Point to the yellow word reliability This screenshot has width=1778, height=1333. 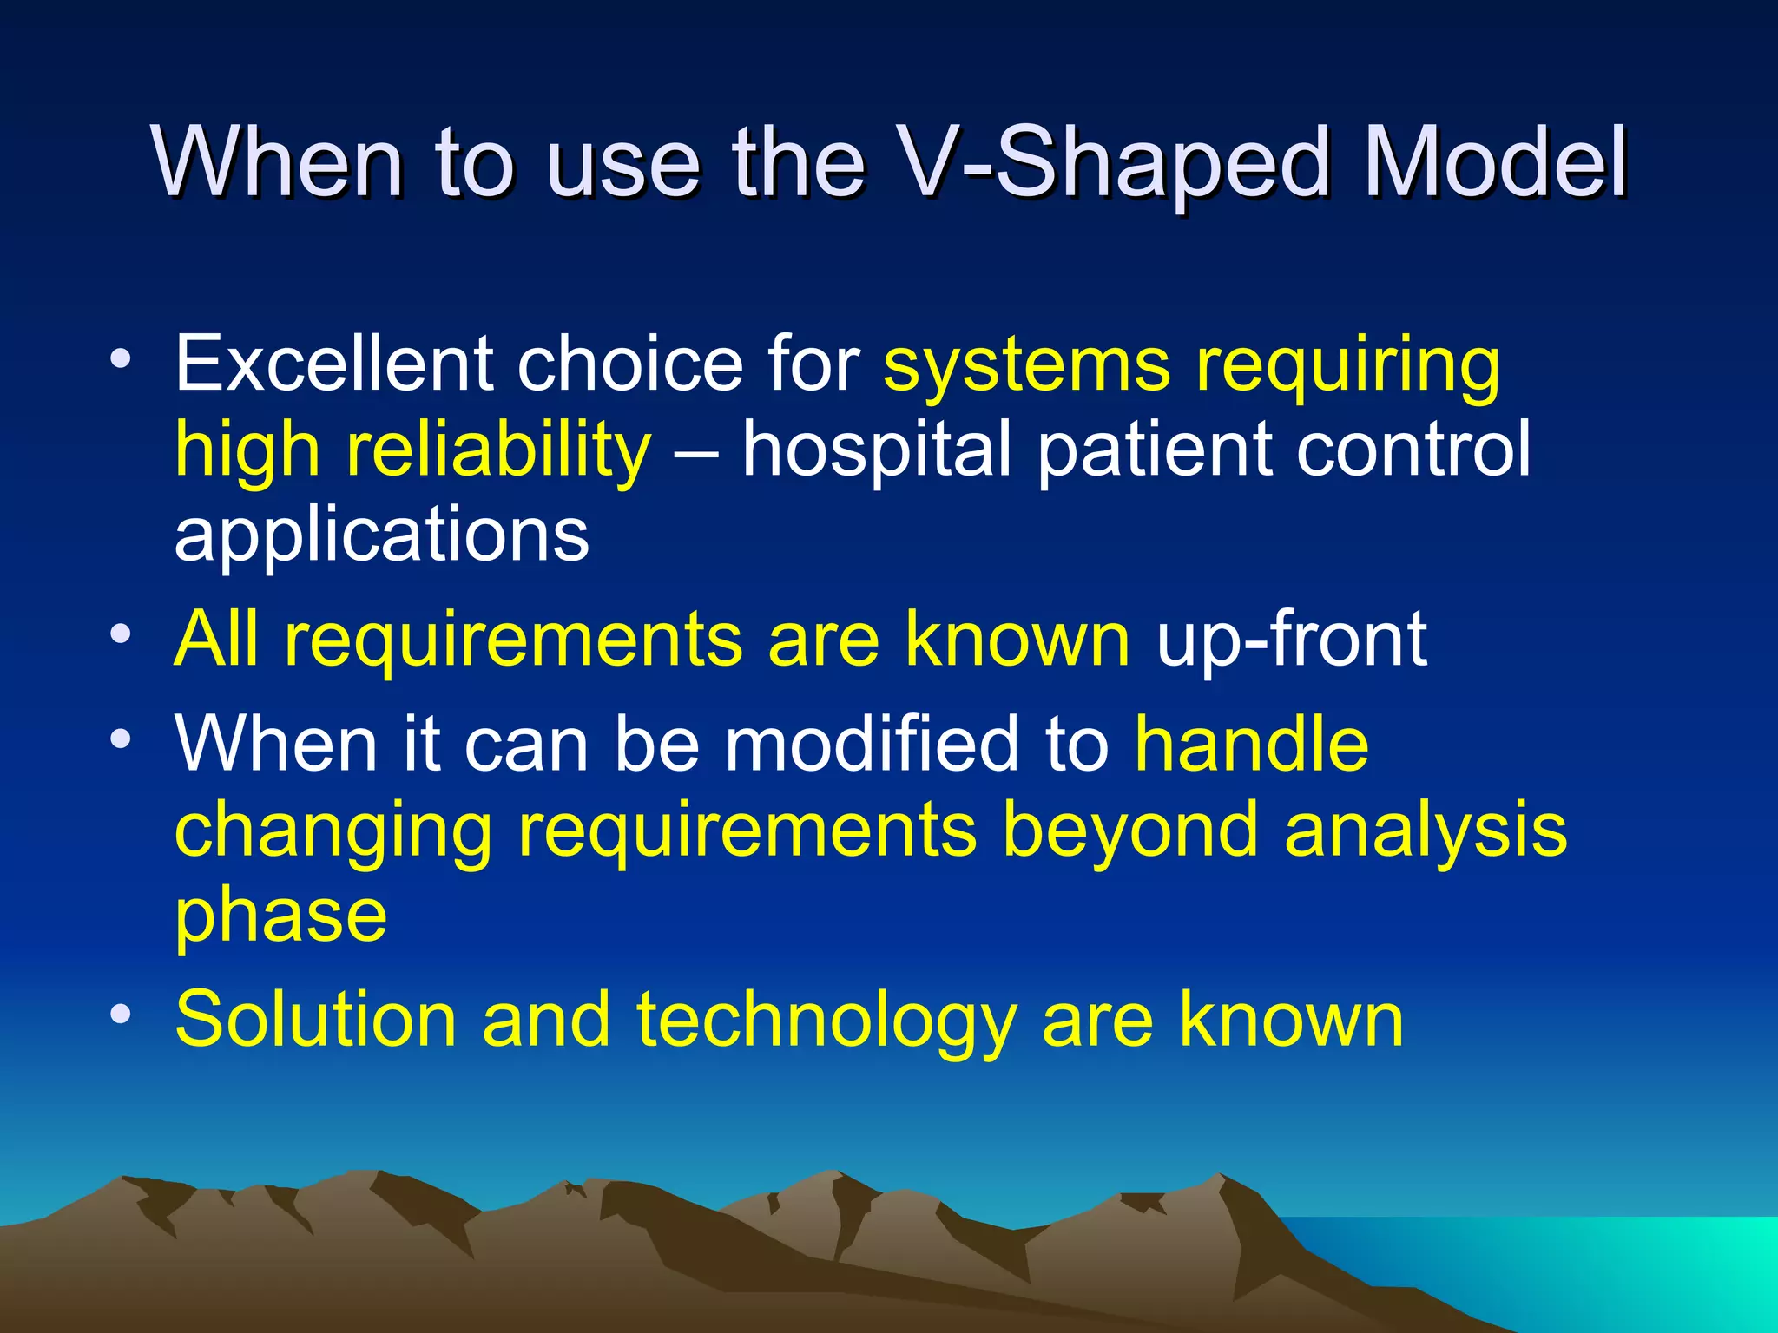(x=498, y=450)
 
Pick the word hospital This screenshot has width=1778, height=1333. (x=877, y=450)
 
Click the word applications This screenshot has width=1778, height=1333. (x=382, y=535)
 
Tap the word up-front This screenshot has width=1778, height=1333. (x=1291, y=640)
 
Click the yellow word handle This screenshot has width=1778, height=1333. (x=1252, y=743)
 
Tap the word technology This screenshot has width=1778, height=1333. (x=826, y=1021)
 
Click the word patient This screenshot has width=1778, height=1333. (x=1154, y=450)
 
